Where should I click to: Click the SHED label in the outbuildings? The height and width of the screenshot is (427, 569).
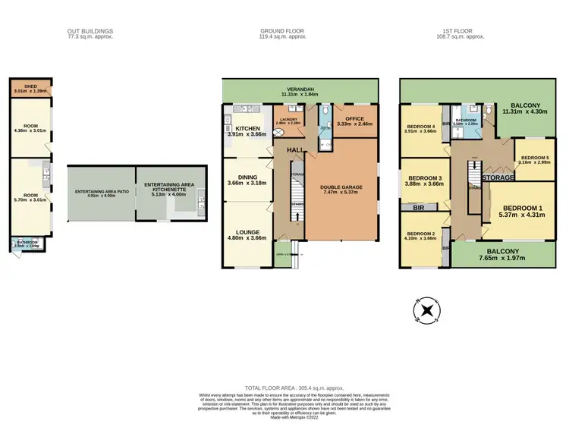point(30,87)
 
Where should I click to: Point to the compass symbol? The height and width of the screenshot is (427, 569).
point(427,309)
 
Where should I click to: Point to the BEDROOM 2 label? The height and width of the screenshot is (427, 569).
point(420,234)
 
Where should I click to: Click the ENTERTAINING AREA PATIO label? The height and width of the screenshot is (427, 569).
point(101,193)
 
